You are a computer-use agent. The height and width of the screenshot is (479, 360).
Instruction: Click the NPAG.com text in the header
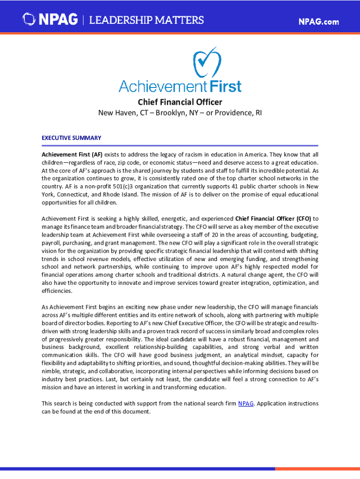pyautogui.click(x=318, y=22)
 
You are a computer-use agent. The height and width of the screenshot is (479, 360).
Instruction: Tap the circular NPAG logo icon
pyautogui.click(x=29, y=20)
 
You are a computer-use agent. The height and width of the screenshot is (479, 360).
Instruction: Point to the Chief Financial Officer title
pyautogui.click(x=180, y=102)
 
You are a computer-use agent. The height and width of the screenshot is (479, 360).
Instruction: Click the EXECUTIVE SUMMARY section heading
pyautogui.click(x=71, y=138)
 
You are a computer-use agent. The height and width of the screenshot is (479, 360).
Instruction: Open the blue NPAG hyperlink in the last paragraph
pyautogui.click(x=246, y=404)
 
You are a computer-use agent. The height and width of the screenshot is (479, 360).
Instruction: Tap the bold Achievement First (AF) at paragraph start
pyautogui.click(x=72, y=154)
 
